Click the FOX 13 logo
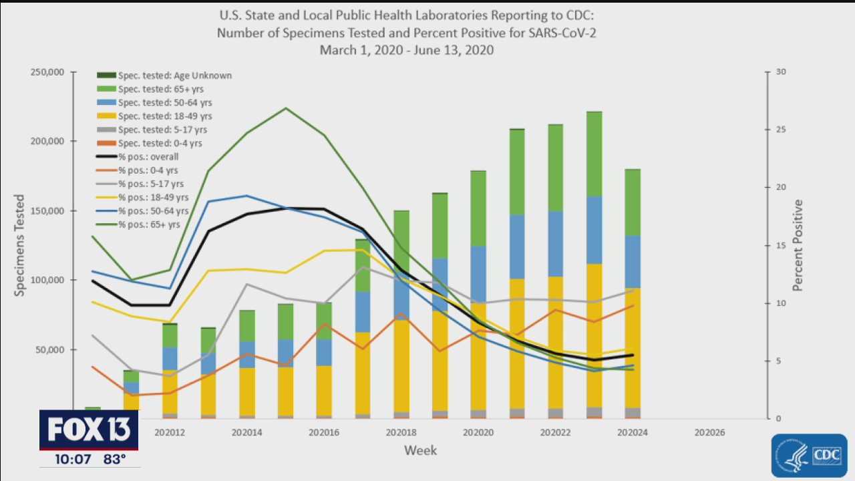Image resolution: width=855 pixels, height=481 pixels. pos(89,430)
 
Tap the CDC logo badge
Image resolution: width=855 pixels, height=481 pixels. pos(809,456)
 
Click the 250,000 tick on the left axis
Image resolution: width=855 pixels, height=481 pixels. pos(47,72)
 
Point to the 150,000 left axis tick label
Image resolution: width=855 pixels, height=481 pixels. pos(47,211)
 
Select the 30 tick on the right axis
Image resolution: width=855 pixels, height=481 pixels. pos(780,72)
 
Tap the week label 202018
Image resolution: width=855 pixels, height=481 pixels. pos(401,433)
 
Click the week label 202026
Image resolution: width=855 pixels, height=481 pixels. pos(709,433)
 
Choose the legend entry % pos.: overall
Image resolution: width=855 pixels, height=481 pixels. pos(148,157)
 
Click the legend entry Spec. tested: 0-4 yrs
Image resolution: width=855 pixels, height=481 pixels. pos(160,143)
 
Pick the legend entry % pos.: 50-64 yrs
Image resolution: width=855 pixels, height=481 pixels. pos(153,211)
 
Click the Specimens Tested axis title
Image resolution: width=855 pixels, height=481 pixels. pos(19,245)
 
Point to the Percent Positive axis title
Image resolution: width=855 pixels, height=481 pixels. pos(798,245)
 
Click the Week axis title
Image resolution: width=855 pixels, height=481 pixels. pos(421,451)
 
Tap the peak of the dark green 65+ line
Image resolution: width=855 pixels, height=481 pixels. pos(285,108)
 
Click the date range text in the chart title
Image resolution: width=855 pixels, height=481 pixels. pos(406,50)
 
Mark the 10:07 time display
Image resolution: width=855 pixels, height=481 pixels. pos(73,460)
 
